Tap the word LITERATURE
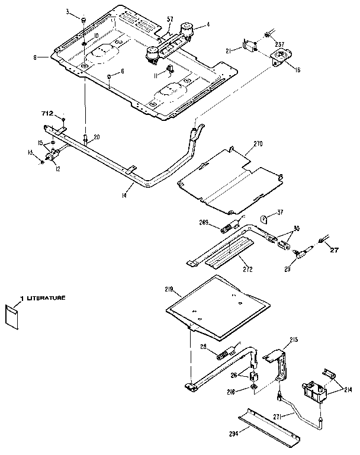pos(44,298)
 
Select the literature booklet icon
pos(12,316)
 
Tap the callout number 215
pos(294,340)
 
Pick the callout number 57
pos(169,20)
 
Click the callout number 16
pos(297,69)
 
